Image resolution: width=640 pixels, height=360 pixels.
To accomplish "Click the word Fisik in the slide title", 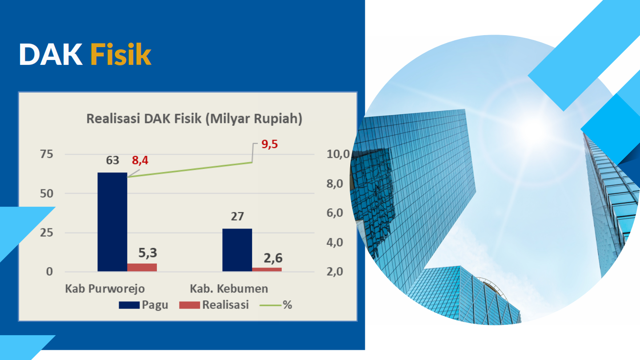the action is [120, 54].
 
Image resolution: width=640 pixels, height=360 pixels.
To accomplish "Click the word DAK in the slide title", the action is [51, 54].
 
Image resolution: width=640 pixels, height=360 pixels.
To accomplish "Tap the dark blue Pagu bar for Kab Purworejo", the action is [112, 222].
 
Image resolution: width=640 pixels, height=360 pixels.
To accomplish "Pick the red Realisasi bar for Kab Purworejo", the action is [142, 268].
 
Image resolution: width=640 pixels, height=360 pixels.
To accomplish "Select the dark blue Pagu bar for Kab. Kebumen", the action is [237, 250].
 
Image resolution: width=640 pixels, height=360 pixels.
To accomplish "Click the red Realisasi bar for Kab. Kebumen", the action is [267, 269].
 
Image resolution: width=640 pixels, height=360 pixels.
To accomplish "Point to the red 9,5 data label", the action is [269, 144].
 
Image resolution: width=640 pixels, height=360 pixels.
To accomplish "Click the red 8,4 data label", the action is [140, 160].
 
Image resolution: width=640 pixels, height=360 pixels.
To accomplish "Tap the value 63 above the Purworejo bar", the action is [112, 160].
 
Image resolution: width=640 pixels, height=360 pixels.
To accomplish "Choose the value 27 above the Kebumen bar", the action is [237, 216].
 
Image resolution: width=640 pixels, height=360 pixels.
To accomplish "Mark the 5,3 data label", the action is [148, 253].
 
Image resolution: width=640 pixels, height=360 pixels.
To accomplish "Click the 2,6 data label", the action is [273, 258].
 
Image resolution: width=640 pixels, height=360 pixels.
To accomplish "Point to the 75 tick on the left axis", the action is [47, 154].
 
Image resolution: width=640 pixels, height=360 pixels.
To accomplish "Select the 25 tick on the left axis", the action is [47, 233].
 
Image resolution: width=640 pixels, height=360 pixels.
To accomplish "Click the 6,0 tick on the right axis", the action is [335, 213].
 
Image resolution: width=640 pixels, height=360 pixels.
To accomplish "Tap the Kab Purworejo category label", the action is [105, 288].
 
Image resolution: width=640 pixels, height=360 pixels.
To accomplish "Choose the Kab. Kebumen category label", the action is [229, 288].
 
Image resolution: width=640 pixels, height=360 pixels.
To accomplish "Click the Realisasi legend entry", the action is [214, 305].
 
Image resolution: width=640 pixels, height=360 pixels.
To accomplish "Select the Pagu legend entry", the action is [144, 305].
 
